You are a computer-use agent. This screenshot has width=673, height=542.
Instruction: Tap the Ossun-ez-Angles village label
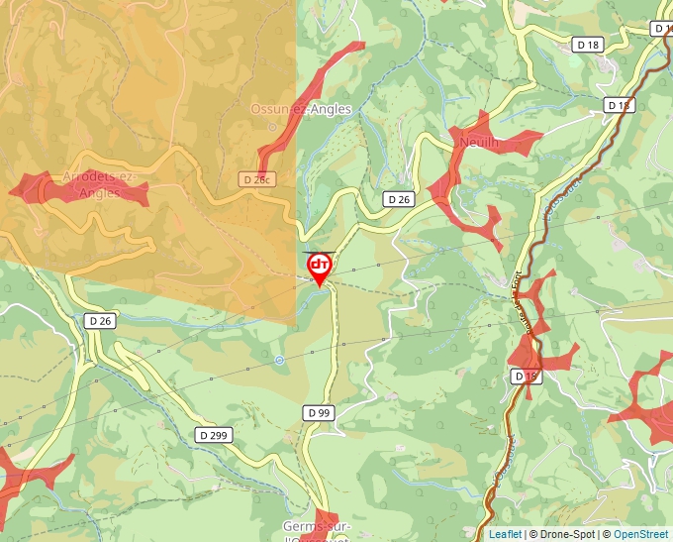coord(301,110)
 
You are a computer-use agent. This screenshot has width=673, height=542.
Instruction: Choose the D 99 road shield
coord(318,412)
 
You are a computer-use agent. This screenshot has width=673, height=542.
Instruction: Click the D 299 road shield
coord(213,434)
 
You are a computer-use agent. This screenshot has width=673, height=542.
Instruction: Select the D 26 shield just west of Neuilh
coord(398,199)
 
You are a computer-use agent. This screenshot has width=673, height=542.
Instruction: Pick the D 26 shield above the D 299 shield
coord(101,320)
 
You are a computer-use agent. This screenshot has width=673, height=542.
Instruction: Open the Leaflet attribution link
coord(505,534)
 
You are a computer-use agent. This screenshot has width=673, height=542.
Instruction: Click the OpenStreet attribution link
coord(642,534)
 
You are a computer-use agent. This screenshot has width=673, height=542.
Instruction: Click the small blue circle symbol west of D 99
coord(280,360)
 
